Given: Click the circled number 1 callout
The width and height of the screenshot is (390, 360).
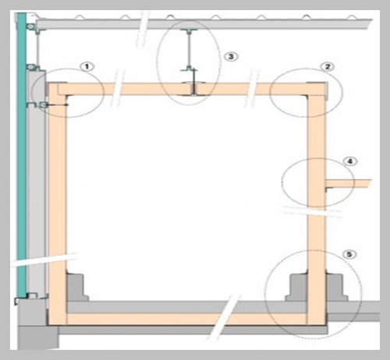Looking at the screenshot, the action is point(87,67).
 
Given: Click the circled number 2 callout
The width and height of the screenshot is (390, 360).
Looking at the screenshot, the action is point(328,67).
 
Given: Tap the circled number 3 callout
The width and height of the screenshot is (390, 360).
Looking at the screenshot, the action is point(231,56).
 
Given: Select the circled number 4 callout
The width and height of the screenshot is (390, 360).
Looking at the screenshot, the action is point(350,161).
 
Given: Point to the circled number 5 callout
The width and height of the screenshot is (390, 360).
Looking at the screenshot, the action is point(349,254).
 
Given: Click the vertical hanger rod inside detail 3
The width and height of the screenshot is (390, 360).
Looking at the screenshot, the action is point(189,50).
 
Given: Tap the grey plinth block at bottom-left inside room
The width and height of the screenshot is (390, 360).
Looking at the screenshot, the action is point(76,287).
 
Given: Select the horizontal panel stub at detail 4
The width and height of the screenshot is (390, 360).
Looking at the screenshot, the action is point(349,183).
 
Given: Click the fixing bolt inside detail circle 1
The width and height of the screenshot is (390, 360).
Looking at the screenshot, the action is point(55,105).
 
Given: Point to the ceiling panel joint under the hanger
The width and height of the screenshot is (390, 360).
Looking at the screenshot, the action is point(193,89).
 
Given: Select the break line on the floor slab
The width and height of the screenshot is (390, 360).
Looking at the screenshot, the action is point(225,317).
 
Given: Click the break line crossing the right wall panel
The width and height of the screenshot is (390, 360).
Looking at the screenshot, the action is point(313,211).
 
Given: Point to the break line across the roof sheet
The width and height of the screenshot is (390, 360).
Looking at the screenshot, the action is point(143,29).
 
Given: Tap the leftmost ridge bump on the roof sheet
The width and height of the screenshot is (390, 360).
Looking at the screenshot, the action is point(80,17).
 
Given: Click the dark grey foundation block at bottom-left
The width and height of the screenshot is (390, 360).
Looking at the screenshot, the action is point(38,337).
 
